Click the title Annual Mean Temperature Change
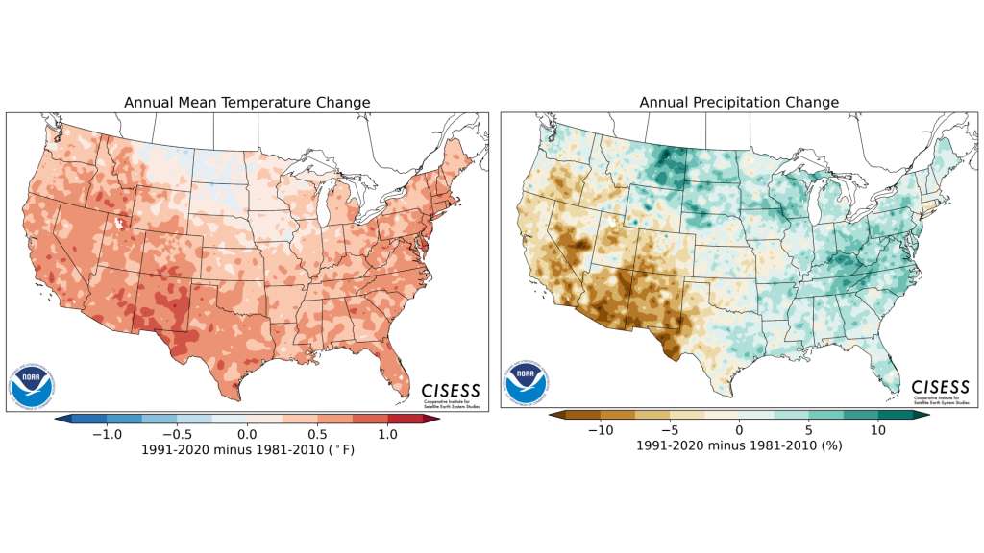247,103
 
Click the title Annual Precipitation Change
739,103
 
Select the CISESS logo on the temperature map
450,390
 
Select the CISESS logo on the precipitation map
942,392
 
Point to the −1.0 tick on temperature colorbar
106,433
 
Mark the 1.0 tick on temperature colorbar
388,433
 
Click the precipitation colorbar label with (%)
739,447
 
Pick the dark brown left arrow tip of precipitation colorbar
553,417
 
